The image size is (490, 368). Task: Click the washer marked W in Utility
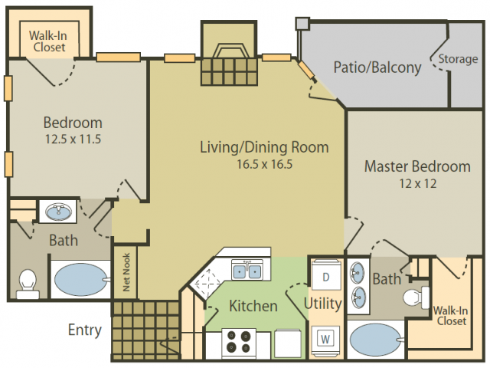coord(325,337)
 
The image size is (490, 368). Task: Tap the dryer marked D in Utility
coord(325,276)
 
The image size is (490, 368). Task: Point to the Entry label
coord(85,330)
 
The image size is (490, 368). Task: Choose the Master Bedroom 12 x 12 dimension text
coord(417,184)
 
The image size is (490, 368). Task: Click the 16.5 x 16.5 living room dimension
coord(264,163)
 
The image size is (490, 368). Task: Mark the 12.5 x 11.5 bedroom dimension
coord(73,139)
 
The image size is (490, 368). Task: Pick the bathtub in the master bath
coord(375,338)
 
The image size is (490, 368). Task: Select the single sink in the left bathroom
coord(55,211)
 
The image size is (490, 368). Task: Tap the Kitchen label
coord(253,306)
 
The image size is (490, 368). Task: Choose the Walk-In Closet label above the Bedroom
coord(48,41)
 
